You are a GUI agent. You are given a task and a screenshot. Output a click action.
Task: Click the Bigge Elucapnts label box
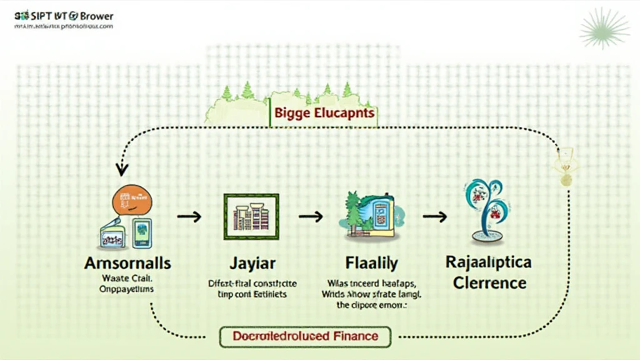(323, 114)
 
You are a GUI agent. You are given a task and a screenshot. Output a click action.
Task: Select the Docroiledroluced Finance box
(305, 336)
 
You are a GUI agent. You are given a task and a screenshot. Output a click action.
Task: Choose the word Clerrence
(489, 282)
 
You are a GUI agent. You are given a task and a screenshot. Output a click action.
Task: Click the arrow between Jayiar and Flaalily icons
(310, 217)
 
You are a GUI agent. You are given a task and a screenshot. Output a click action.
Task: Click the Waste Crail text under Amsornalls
(129, 279)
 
